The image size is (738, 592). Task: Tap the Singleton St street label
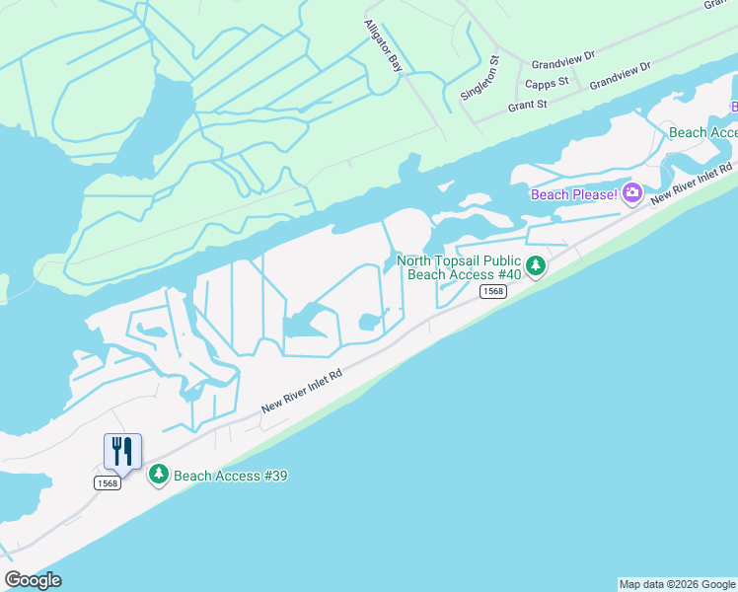[481, 79]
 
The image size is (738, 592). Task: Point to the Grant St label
[528, 105]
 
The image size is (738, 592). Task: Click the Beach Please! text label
[574, 194]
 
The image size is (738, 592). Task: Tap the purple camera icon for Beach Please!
[632, 193]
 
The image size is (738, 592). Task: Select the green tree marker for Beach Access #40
[536, 265]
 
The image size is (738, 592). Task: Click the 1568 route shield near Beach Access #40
[493, 291]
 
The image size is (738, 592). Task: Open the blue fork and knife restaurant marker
[122, 451]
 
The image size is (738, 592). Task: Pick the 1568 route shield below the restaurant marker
[108, 482]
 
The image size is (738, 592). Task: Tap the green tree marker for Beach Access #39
[158, 476]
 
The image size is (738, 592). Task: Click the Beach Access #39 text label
[231, 476]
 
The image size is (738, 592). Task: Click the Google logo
[33, 580]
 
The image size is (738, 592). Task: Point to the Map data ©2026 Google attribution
[677, 584]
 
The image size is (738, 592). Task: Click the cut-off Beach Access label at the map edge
[702, 132]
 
